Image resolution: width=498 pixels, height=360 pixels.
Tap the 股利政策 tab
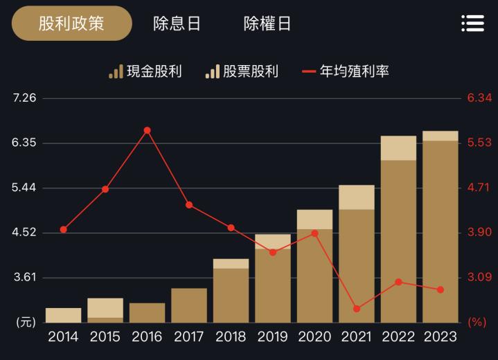71,24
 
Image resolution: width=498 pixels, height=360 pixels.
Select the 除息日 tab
177,24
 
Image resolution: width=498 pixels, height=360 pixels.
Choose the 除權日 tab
267,24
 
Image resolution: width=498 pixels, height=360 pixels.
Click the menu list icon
472,24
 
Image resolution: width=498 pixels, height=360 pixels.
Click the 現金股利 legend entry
145,71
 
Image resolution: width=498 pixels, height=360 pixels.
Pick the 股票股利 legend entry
242,71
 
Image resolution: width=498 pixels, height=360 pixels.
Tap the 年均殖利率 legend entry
346,71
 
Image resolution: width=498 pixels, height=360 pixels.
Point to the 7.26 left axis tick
24,98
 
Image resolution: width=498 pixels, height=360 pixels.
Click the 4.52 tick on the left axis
24,233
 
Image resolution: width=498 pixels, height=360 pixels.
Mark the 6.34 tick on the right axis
479,98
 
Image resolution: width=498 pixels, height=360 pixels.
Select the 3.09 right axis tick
479,278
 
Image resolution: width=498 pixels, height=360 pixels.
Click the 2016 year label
147,337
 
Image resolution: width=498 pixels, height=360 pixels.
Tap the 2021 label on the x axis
357,337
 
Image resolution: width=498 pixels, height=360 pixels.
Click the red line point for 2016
148,130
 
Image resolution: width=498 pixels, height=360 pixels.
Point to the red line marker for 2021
357,309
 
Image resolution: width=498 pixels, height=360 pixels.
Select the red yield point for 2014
64,229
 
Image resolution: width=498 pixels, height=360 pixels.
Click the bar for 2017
189,305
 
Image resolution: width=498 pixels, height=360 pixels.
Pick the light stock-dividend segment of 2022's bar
398,148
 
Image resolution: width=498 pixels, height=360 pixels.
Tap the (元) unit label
25,322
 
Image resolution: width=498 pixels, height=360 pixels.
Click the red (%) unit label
477,322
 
